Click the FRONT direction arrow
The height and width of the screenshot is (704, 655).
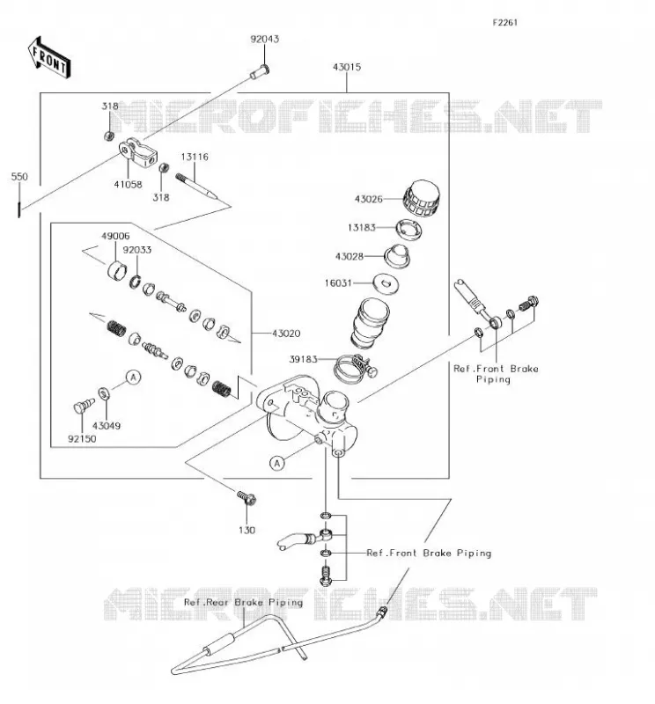[49, 58]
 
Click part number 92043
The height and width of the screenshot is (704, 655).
[265, 39]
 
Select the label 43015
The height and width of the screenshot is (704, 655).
[347, 67]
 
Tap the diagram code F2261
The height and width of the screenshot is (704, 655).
[505, 23]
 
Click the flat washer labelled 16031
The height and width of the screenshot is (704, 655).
[386, 283]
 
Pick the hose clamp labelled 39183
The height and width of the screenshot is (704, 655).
[355, 368]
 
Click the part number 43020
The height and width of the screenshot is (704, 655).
[286, 334]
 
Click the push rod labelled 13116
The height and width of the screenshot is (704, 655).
[196, 186]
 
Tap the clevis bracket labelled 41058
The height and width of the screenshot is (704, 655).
[138, 152]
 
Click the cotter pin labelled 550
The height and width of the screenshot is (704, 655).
[19, 209]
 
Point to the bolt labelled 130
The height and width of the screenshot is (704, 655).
[247, 497]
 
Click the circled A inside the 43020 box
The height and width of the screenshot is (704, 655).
[134, 378]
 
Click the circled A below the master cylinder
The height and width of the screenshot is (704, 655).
[277, 464]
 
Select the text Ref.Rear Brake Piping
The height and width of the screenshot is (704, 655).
[243, 603]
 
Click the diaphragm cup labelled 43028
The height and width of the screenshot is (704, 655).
[397, 256]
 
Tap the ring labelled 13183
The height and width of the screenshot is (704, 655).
[408, 229]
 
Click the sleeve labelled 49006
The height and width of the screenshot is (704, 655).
[117, 269]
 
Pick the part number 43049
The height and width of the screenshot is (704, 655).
[107, 426]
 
